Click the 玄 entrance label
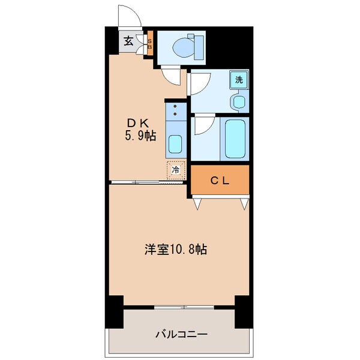(x=128, y=41)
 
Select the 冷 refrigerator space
(x=176, y=170)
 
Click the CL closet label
(x=219, y=180)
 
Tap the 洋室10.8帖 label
(x=175, y=250)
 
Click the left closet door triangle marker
(x=197, y=205)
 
